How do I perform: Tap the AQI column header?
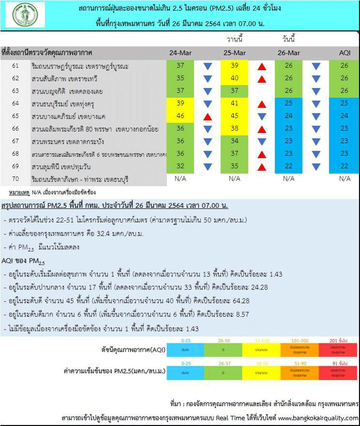click(x=344, y=53)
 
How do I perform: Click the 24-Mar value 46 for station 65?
click(x=180, y=116)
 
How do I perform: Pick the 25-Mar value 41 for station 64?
click(x=234, y=103)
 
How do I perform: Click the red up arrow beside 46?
click(x=207, y=117)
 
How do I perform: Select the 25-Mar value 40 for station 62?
click(x=234, y=78)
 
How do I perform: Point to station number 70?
click(x=15, y=179)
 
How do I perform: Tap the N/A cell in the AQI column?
click(x=344, y=179)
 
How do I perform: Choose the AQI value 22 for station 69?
click(x=344, y=166)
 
